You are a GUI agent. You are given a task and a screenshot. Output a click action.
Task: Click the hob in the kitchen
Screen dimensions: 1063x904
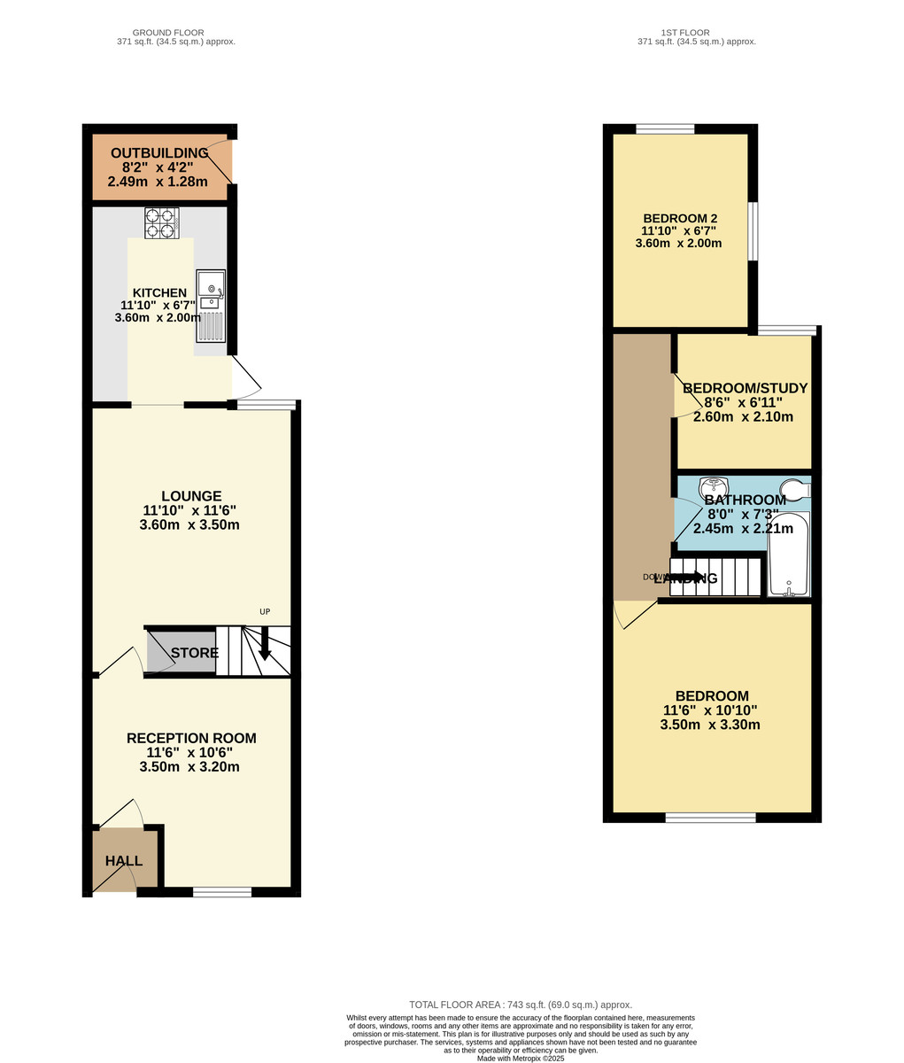[161, 222]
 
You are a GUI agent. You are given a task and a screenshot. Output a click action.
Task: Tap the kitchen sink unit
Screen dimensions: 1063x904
[211, 306]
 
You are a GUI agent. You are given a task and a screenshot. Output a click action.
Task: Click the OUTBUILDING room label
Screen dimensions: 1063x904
[159, 153]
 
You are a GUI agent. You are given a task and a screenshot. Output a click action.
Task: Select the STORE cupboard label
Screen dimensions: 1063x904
[195, 654]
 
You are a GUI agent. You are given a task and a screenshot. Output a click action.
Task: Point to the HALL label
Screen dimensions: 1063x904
[124, 861]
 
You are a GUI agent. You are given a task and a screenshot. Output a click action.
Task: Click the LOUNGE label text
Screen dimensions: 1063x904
[191, 496]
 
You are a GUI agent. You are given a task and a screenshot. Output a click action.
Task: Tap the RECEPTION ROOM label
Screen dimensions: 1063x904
[191, 738]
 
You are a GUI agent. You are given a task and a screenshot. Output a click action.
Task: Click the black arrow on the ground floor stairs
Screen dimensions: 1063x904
[264, 644]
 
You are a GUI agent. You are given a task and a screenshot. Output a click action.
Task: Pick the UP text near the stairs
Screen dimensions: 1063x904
[264, 612]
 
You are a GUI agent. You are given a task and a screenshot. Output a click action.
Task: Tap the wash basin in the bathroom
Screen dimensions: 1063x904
[713, 487]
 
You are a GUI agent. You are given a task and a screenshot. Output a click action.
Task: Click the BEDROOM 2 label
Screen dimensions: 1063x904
[680, 219]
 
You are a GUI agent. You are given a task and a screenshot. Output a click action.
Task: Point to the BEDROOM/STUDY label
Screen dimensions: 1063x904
[745, 388]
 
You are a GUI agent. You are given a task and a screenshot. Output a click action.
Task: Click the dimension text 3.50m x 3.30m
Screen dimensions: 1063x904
[710, 725]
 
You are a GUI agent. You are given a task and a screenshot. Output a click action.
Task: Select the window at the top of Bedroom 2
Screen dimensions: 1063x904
[665, 128]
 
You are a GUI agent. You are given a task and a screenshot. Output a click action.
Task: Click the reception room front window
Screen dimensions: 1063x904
[222, 892]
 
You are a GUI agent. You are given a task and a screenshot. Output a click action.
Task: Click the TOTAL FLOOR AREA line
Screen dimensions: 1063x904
[521, 1005]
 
